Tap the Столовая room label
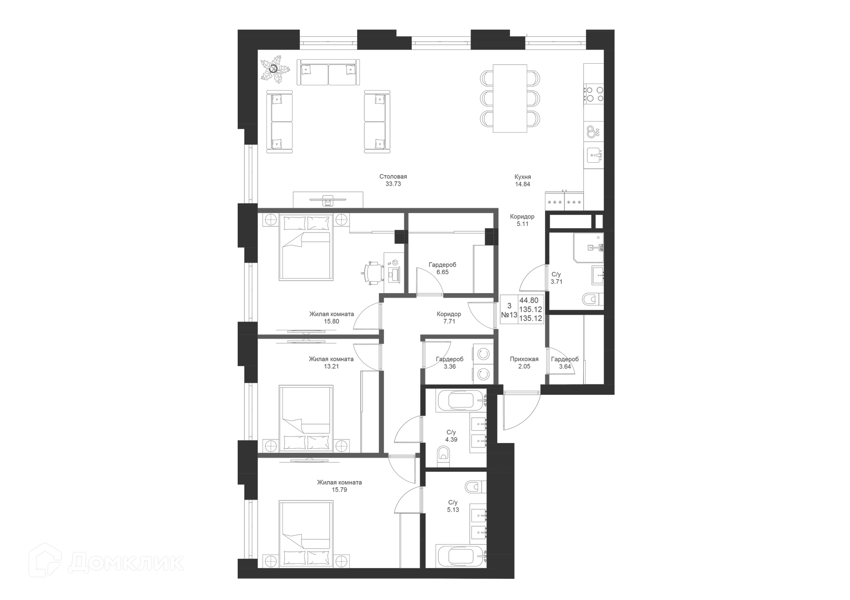pyautogui.click(x=393, y=176)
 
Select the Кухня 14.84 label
pyautogui.click(x=523, y=180)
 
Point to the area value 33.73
pyautogui.click(x=393, y=184)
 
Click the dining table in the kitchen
pyautogui.click(x=510, y=98)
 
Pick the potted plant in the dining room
pyautogui.click(x=274, y=70)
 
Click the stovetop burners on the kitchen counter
pyautogui.click(x=594, y=94)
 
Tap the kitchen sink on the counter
pyautogui.click(x=594, y=156)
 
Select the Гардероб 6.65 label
pyautogui.click(x=442, y=268)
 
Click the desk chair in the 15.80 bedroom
pyautogui.click(x=372, y=272)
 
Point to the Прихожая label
pyautogui.click(x=524, y=359)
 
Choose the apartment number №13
pyautogui.click(x=509, y=315)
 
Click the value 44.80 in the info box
pyautogui.click(x=529, y=301)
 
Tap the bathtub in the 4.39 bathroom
pyautogui.click(x=461, y=401)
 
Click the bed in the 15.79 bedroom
pyautogui.click(x=306, y=534)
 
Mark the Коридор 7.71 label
pyautogui.click(x=449, y=317)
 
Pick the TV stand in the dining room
pyautogui.click(x=328, y=200)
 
